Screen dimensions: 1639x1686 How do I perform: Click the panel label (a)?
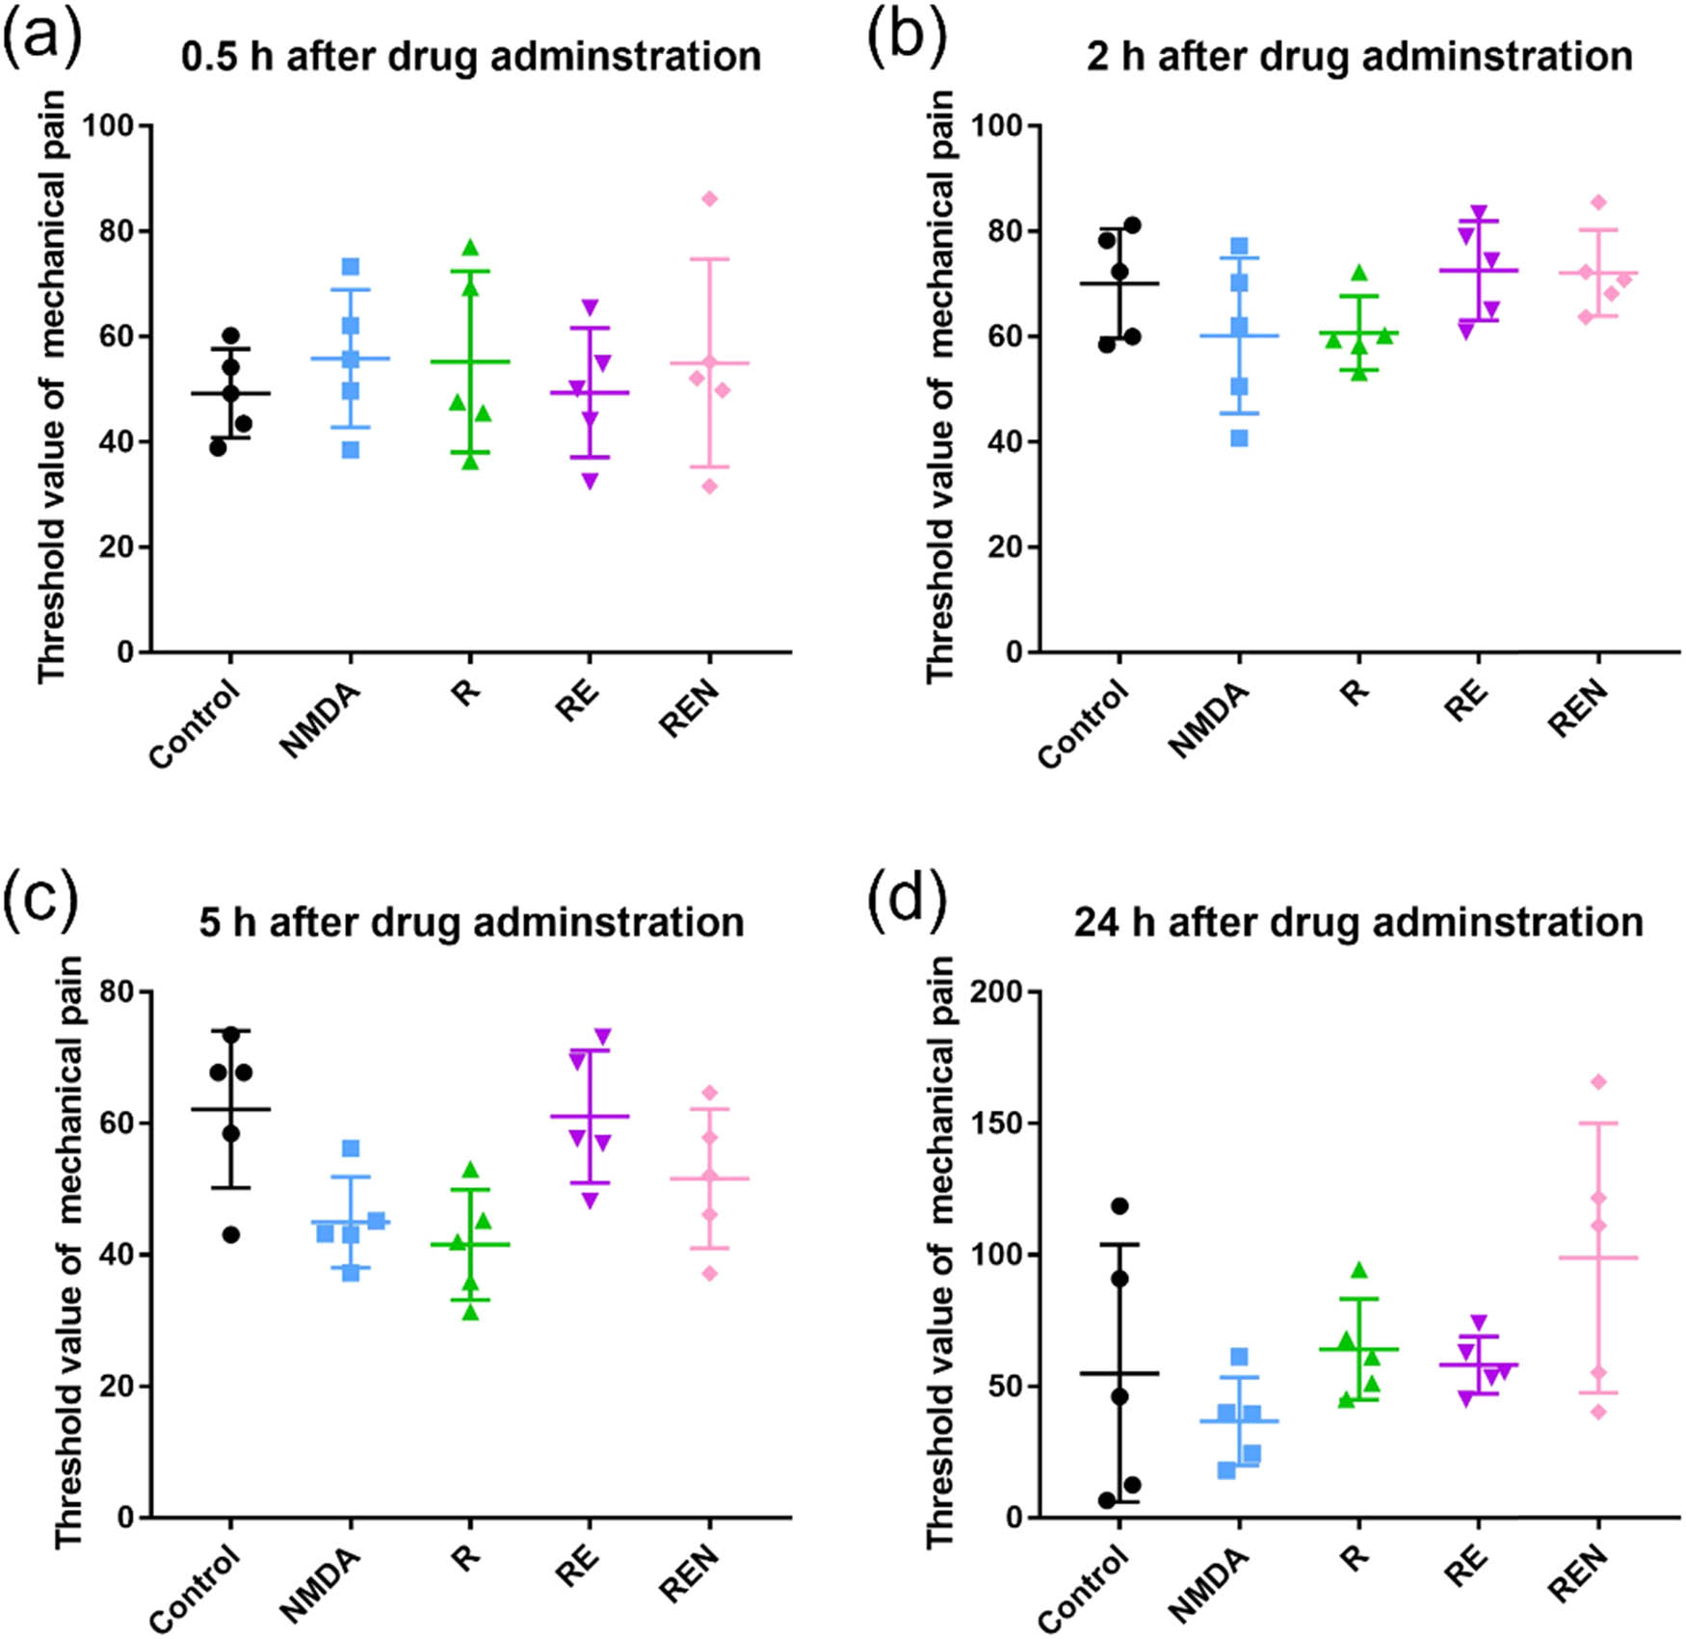point(41,40)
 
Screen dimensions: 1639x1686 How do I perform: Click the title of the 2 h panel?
point(1359,57)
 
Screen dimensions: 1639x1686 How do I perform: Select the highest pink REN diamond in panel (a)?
point(709,198)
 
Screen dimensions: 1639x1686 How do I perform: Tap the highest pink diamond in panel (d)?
point(1598,1082)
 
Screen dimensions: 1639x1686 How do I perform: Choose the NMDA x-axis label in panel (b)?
point(1210,720)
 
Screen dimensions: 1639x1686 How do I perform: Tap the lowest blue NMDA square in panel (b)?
point(1239,438)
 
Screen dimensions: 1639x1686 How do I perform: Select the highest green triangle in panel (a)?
point(470,248)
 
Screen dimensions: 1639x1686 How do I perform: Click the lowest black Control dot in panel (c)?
point(230,1234)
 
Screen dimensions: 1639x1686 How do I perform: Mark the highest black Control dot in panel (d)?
point(1120,1205)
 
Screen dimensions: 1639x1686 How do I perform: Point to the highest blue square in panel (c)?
point(351,1149)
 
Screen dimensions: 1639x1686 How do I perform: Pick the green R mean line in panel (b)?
point(1358,332)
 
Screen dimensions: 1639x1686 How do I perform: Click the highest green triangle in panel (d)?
point(1358,1270)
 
